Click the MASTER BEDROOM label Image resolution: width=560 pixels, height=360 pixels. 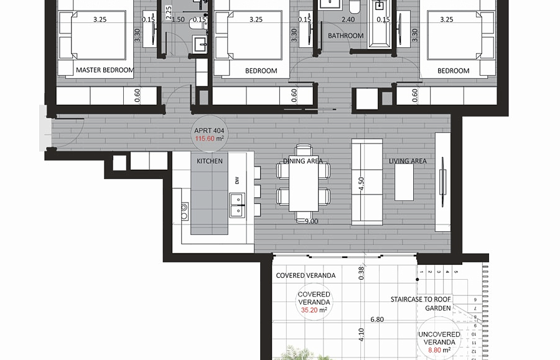coord(105,70)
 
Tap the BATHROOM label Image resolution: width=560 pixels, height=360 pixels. coord(346,35)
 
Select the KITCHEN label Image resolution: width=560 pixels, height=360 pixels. coord(210,161)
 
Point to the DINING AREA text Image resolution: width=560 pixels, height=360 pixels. coord(303,161)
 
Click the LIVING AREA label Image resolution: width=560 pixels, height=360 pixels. coord(408,161)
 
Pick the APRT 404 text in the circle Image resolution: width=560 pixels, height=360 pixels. coord(209,131)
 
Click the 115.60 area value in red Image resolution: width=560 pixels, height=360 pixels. coord(205,139)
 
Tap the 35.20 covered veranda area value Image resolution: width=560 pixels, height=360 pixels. coord(309,310)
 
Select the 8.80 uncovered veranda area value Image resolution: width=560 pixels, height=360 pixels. coord(434,350)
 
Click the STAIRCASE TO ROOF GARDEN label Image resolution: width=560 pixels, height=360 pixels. coord(421,303)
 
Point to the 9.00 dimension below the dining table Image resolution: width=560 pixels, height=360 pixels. coord(311,221)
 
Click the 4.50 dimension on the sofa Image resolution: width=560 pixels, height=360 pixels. coord(361,184)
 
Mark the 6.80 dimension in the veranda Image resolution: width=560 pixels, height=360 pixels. coord(377,320)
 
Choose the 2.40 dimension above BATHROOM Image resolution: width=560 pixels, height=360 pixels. coord(348,20)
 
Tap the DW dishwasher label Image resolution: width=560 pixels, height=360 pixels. coord(237,181)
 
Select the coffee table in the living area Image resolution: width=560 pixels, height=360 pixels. coord(404,182)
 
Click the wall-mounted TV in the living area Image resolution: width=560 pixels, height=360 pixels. coord(443,182)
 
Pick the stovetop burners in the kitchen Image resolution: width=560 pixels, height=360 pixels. coord(184,211)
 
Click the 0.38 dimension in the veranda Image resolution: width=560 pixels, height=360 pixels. coord(361,273)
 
